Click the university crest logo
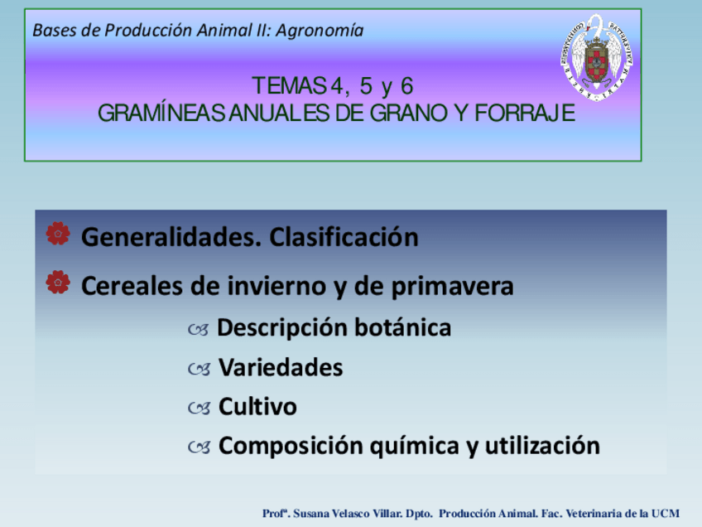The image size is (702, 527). click(596, 57)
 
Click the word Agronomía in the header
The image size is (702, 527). click(320, 31)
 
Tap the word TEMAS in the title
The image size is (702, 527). click(290, 85)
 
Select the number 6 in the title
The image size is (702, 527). click(406, 85)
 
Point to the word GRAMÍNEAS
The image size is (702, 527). click(161, 113)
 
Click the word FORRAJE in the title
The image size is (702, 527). click(525, 113)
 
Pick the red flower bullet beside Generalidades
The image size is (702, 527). click(58, 234)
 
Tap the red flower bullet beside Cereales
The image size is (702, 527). click(58, 283)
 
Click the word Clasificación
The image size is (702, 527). click(344, 237)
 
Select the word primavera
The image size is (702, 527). click(453, 288)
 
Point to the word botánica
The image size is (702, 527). click(403, 327)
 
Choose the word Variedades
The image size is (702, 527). click(281, 367)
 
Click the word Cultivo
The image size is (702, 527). click(257, 407)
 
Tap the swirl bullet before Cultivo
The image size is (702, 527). click(200, 409)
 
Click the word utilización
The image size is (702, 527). click(542, 446)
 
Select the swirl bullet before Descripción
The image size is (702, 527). click(199, 330)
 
